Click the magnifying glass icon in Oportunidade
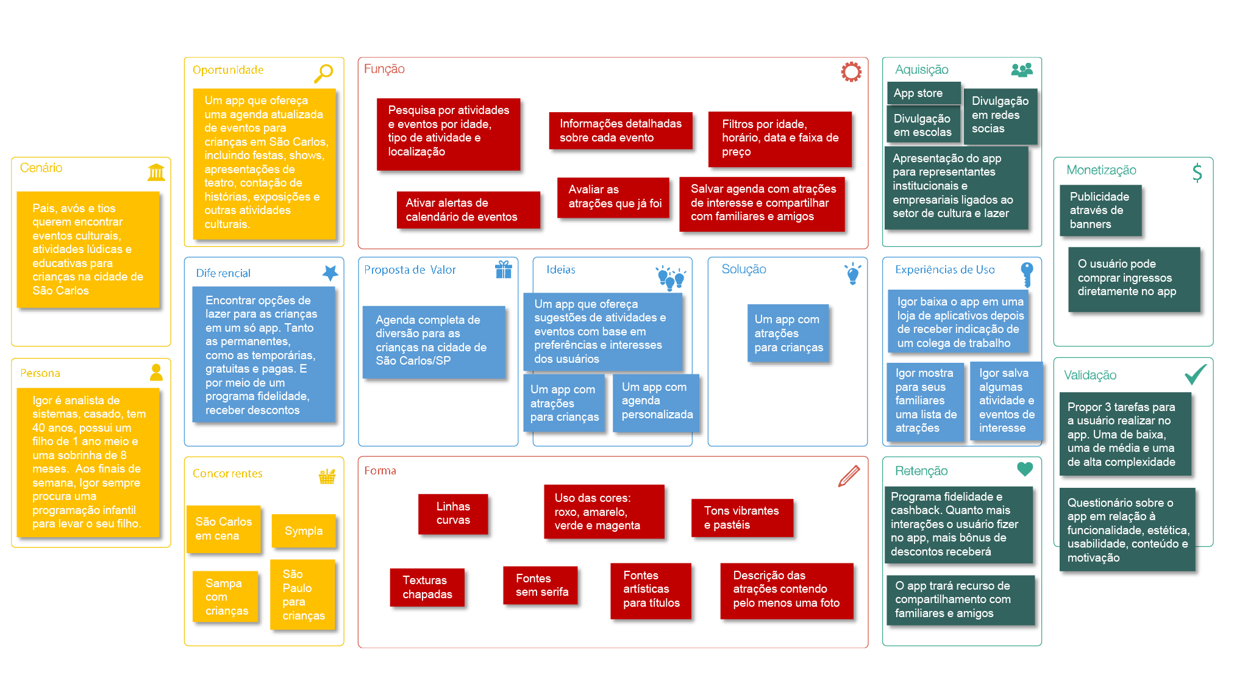pyautogui.click(x=323, y=73)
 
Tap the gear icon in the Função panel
pyautogui.click(x=851, y=72)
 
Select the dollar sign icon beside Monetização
pyautogui.click(x=1197, y=173)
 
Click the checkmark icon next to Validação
pyautogui.click(x=1196, y=374)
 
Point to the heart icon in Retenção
pyautogui.click(x=1025, y=469)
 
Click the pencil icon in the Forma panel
pyautogui.click(x=849, y=476)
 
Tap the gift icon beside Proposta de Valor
pyautogui.click(x=504, y=270)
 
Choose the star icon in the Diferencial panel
pyautogui.click(x=330, y=273)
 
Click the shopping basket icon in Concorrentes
pyautogui.click(x=327, y=476)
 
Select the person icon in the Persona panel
pyautogui.click(x=156, y=372)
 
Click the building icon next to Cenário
pyautogui.click(x=156, y=172)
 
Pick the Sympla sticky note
pyautogui.click(x=303, y=531)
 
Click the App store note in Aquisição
pyautogui.click(x=923, y=93)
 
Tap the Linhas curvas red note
pyautogui.click(x=453, y=513)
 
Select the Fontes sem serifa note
pyautogui.click(x=540, y=585)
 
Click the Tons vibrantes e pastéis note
pyautogui.click(x=742, y=518)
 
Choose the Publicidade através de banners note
pyautogui.click(x=1100, y=210)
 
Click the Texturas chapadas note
pyautogui.click(x=427, y=587)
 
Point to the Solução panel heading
pyautogui.click(x=744, y=270)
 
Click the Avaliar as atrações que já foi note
pyautogui.click(x=613, y=197)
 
